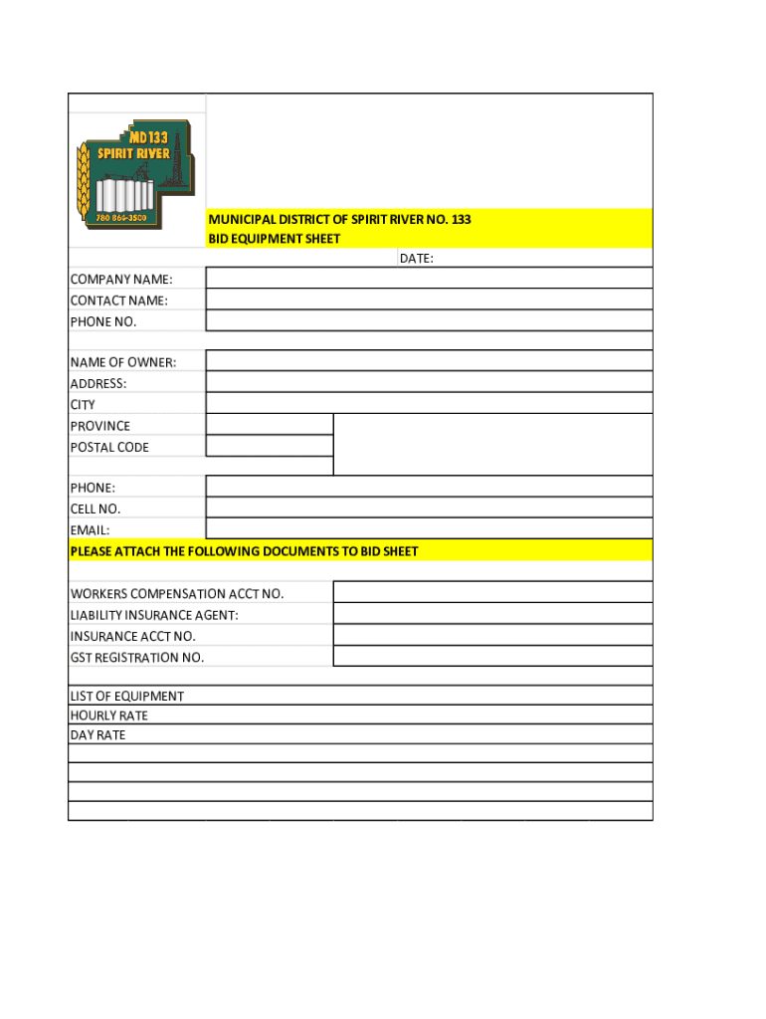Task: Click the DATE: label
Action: pyautogui.click(x=416, y=259)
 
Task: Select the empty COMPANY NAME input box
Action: pyautogui.click(x=429, y=279)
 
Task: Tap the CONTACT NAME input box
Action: pyautogui.click(x=429, y=300)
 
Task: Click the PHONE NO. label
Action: pyautogui.click(x=103, y=321)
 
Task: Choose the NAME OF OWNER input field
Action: pyautogui.click(x=429, y=361)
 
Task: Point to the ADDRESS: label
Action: pyautogui.click(x=98, y=383)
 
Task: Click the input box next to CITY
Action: pyautogui.click(x=429, y=403)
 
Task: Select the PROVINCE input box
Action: pyautogui.click(x=269, y=425)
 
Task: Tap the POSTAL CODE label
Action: pyautogui.click(x=109, y=447)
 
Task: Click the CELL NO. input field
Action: pyautogui.click(x=429, y=509)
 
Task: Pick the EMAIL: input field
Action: pyautogui.click(x=429, y=529)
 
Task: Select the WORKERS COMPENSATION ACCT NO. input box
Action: pyautogui.click(x=492, y=593)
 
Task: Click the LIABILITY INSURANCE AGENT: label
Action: pyautogui.click(x=154, y=615)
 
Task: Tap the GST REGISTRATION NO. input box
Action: pyautogui.click(x=492, y=657)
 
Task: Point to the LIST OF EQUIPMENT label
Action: pyautogui.click(x=126, y=697)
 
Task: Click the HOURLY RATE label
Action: pyautogui.click(x=108, y=715)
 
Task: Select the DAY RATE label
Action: pyautogui.click(x=97, y=735)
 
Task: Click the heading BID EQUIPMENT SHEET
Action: pyautogui.click(x=274, y=239)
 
